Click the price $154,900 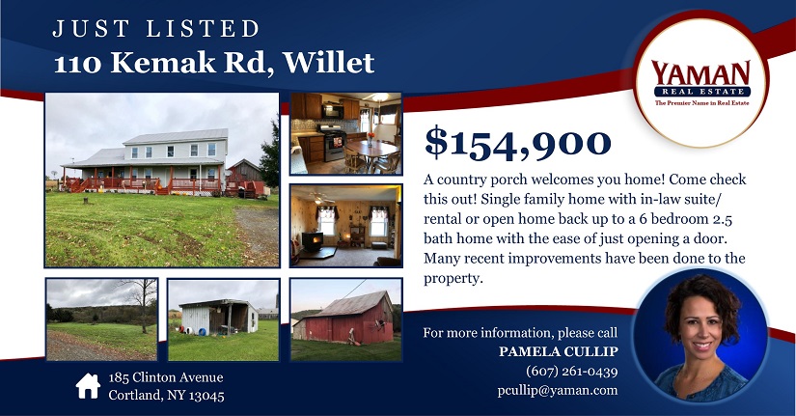(x=517, y=144)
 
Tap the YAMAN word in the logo (x=700, y=73)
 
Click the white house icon (x=88, y=386)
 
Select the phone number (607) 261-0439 (x=571, y=372)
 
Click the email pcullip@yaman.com (x=558, y=390)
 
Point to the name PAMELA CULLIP (x=558, y=351)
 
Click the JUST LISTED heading (x=156, y=29)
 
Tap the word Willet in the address (x=329, y=63)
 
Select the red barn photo (x=345, y=319)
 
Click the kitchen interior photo (x=345, y=133)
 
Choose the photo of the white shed (x=224, y=319)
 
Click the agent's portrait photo (x=700, y=336)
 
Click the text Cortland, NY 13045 (x=166, y=395)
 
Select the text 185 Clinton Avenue (x=166, y=377)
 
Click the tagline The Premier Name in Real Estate (x=701, y=103)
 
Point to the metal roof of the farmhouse (x=176, y=137)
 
